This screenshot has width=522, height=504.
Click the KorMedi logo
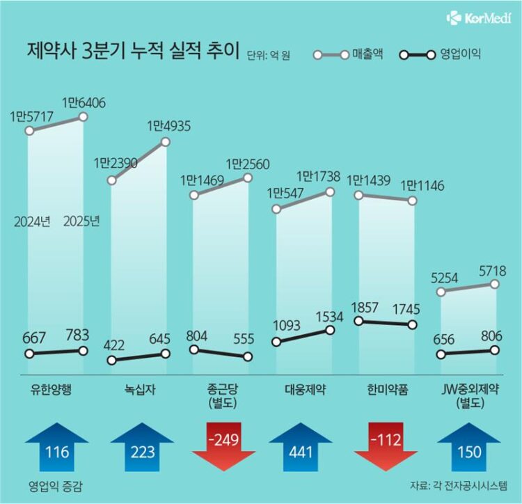pos(480,17)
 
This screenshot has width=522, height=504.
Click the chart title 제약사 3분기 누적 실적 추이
pos(132,52)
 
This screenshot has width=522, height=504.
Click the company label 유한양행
pos(56,388)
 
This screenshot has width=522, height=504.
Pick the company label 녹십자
pos(139,388)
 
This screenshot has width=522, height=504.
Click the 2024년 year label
pos(31,222)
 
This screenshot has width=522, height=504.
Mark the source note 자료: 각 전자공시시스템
pos(459,486)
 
